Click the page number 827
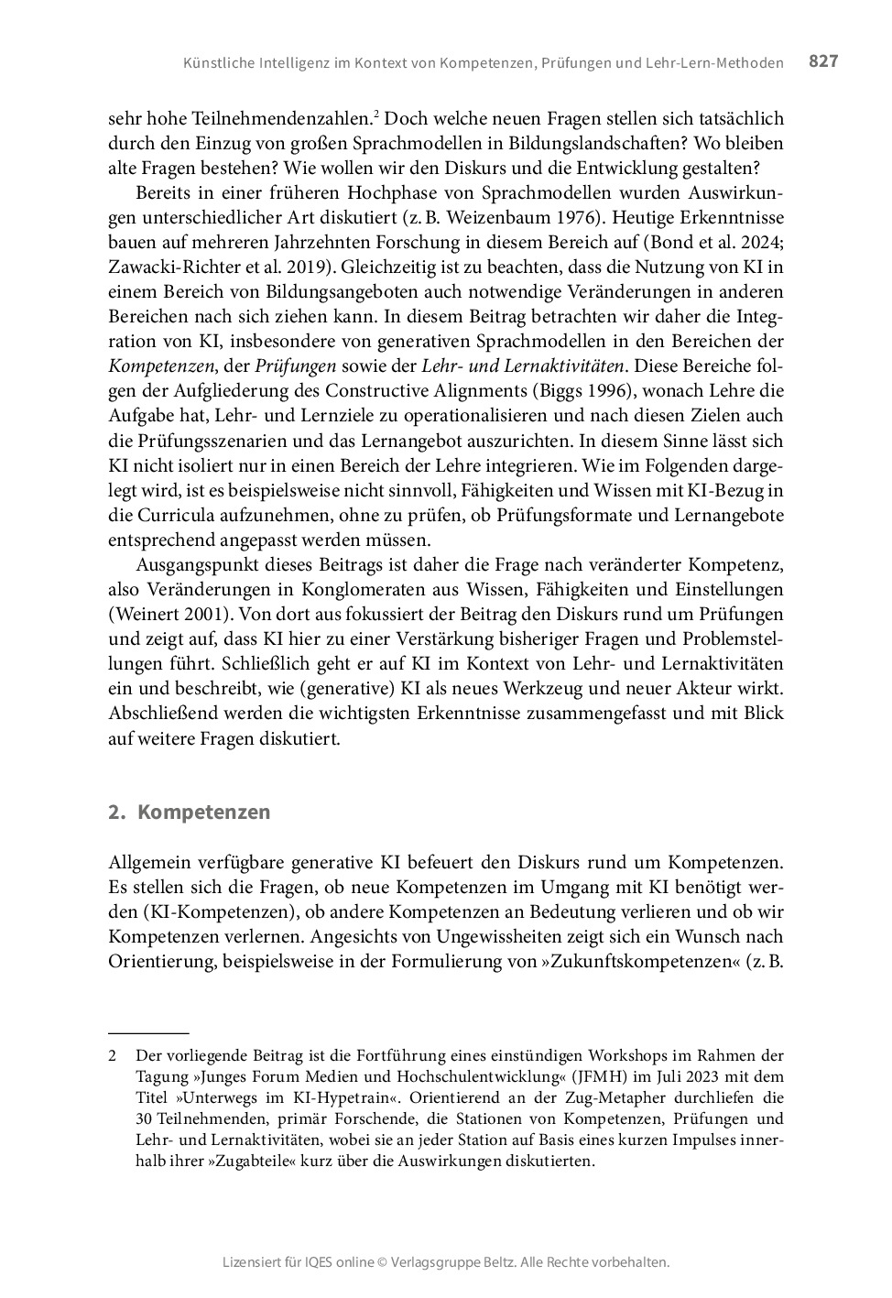point(823,61)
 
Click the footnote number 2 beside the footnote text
point(113,1056)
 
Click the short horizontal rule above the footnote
point(148,1032)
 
